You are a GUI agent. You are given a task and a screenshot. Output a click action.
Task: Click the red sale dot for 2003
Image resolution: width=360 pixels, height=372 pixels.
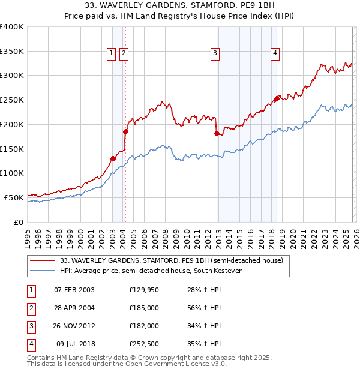pos(113,158)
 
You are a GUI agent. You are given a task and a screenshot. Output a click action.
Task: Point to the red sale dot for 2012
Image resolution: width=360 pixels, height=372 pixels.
pos(217,133)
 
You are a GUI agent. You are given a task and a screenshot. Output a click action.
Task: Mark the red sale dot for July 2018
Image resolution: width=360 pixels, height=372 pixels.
pos(277,98)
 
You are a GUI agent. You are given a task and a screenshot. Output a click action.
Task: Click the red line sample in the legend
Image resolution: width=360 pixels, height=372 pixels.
pos(42,260)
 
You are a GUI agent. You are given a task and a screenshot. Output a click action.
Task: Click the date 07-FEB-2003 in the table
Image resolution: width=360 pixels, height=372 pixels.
pos(74,290)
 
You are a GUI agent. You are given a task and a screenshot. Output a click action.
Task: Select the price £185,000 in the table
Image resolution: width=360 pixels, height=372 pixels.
pos(144,308)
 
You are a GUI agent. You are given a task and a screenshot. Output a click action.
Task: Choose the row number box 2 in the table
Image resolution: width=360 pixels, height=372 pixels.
pos(30,308)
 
